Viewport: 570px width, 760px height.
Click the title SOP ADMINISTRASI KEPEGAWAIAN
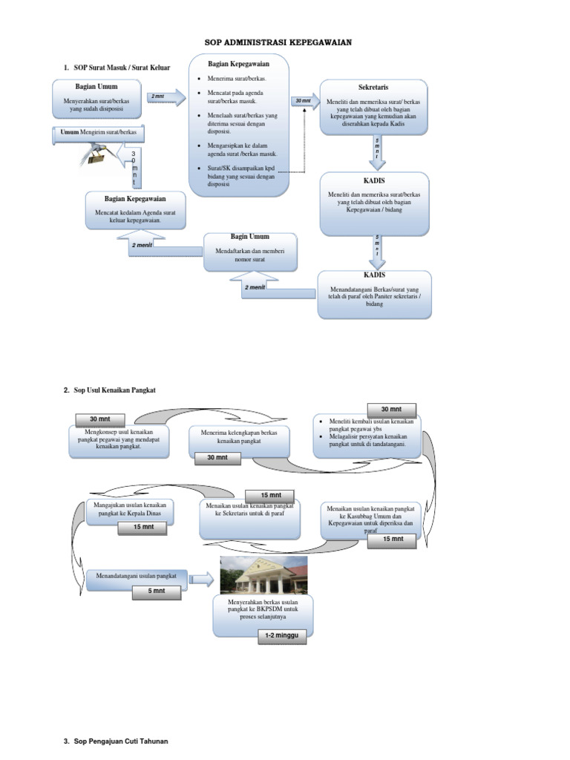click(x=278, y=43)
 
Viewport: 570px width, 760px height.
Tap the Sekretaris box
click(x=374, y=107)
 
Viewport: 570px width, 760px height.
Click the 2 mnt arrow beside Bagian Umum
click(x=165, y=97)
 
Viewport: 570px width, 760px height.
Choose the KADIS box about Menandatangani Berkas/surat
click(x=374, y=293)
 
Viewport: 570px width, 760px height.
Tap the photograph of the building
click(x=263, y=575)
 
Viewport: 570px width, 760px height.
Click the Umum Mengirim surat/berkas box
click(x=98, y=133)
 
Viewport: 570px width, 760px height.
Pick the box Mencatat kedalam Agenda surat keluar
click(x=135, y=211)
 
